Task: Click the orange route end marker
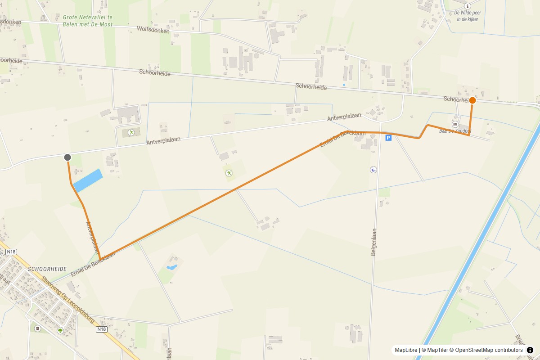click(472, 100)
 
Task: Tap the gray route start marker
click(67, 157)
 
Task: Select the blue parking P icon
click(388, 138)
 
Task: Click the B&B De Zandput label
click(455, 131)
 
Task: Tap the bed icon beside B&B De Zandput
click(455, 124)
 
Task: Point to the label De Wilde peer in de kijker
click(468, 16)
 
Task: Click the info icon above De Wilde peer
click(468, 6)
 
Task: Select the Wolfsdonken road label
click(153, 31)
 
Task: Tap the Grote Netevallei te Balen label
click(88, 20)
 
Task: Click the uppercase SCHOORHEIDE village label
click(47, 269)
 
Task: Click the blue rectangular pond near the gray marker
click(88, 180)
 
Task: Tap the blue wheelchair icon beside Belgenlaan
click(373, 170)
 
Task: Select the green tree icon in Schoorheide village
click(60, 331)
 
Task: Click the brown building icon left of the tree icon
click(38, 328)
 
